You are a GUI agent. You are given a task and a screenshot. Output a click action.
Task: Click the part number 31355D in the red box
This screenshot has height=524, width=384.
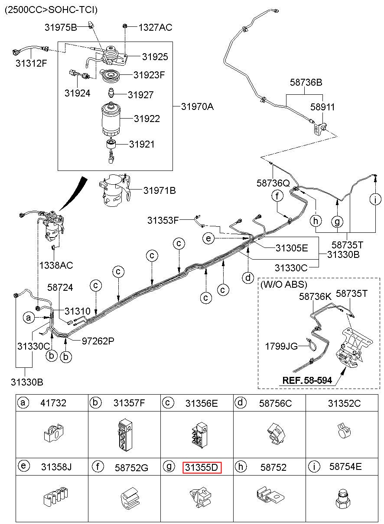202,467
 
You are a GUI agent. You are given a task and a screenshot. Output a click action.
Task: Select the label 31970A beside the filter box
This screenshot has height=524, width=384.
197,107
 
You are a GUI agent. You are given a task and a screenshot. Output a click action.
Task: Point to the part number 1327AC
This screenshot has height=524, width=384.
155,27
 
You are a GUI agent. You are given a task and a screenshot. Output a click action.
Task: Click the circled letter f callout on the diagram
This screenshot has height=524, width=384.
277,196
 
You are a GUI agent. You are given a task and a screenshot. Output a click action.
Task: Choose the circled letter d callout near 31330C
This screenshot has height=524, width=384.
248,278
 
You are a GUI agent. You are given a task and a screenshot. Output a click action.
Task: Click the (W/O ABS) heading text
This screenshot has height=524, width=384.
284,284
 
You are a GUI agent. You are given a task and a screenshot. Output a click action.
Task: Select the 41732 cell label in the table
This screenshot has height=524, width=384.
53,403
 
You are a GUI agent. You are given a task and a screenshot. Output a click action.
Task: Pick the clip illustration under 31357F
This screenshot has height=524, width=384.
125,434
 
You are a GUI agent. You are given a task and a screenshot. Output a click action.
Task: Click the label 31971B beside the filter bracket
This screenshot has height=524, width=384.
159,191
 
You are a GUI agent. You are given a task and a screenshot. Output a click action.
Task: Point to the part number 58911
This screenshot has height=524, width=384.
322,107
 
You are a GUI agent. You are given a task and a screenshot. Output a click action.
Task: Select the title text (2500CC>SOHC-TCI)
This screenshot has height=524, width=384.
51,10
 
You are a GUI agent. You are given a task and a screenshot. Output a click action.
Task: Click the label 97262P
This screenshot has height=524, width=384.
98,341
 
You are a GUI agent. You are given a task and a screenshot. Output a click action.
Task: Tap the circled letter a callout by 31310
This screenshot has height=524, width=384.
29,318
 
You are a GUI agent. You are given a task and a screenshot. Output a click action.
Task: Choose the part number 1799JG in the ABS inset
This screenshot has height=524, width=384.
281,346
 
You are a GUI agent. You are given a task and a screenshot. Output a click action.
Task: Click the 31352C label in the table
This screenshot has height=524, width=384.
344,403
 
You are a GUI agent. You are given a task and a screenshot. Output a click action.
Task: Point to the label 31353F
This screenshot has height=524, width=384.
163,220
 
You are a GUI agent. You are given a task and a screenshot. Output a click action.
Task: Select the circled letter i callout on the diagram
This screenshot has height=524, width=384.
375,199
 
